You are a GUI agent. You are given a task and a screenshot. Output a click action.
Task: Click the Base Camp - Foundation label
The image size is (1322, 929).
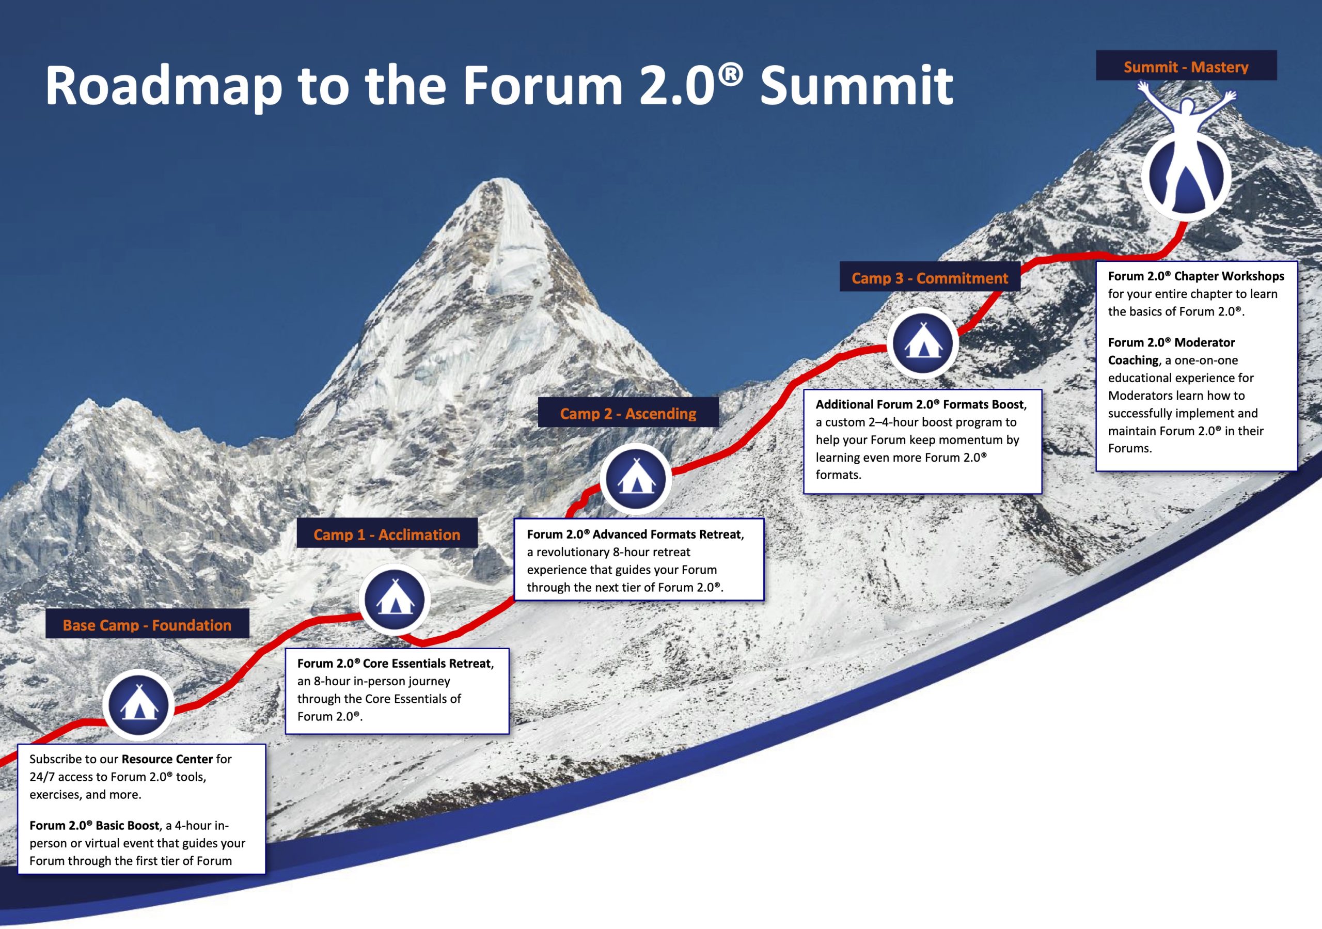coord(147,625)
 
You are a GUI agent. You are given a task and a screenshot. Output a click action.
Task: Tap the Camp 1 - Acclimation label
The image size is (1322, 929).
coord(386,534)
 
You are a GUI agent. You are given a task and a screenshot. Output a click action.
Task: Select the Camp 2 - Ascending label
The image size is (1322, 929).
coord(627,414)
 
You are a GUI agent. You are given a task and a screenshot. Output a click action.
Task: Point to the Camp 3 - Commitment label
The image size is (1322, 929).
coord(930,278)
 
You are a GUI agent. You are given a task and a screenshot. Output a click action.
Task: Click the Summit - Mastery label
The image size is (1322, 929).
coord(1186,67)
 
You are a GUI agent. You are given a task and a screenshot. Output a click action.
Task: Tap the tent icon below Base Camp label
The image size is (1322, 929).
coord(138,705)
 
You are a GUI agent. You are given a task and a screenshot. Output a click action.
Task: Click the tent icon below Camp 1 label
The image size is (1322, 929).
coord(395,600)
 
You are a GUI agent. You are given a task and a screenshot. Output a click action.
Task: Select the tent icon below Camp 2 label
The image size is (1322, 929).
coord(636,479)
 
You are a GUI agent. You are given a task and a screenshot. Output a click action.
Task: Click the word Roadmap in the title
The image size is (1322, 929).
coord(164,86)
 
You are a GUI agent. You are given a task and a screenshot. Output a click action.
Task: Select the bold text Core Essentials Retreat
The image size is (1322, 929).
coord(427,664)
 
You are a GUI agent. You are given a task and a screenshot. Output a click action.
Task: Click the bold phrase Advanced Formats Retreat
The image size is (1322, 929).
coord(667,534)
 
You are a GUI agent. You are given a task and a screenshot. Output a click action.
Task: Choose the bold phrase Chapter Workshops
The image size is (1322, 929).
coord(1229,276)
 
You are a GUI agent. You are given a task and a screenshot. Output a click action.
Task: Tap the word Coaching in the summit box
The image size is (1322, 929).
coord(1133,360)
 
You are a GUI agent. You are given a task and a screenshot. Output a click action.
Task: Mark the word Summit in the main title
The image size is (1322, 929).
coord(856,86)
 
